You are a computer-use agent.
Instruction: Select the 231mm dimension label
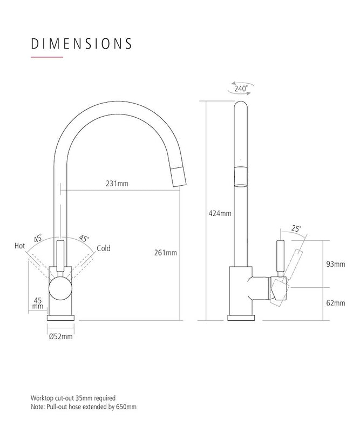point(117,184)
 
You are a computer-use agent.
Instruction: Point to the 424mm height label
point(220,213)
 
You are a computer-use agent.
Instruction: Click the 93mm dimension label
point(336,264)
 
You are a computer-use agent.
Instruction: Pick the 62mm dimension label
point(336,303)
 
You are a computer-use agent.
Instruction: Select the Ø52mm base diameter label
point(60,336)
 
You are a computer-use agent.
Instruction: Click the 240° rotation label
point(241,88)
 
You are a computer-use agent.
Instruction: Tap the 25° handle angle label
point(296,228)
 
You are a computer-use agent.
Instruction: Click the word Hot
point(20,246)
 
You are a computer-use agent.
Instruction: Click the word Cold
point(104,248)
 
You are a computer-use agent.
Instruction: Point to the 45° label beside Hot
point(38,238)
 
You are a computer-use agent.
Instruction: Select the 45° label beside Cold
point(84,238)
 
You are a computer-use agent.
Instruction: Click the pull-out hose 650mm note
point(83,407)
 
